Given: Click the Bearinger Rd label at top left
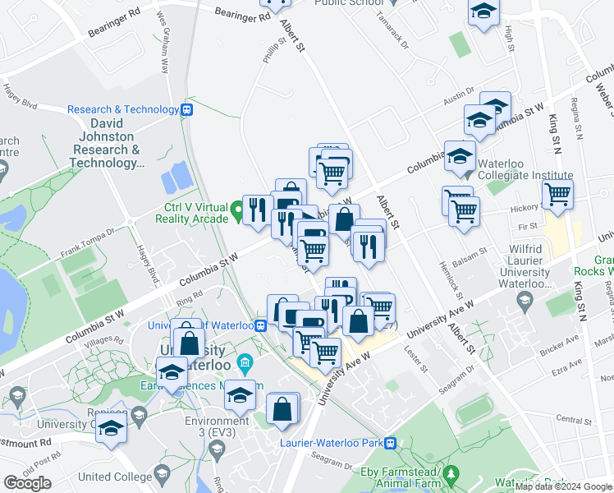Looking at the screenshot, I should point(112,13).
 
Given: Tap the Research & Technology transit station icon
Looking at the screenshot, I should point(188,109).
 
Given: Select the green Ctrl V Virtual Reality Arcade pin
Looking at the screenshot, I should point(238,212).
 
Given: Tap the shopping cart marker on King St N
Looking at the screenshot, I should point(557,195).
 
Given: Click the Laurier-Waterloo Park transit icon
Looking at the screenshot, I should point(391,442).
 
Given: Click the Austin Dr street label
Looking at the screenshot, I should point(458,95).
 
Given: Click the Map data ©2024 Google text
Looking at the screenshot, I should point(563,486).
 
